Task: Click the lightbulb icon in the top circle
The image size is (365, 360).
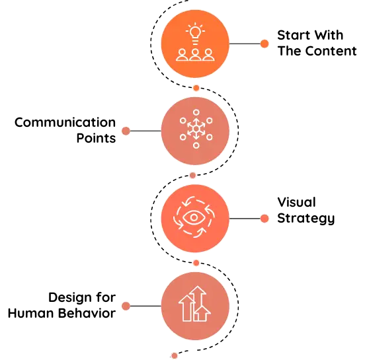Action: click(195, 34)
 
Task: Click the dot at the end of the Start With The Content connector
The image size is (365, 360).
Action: click(264, 44)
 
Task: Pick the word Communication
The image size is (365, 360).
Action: click(65, 123)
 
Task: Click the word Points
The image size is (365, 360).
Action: click(96, 138)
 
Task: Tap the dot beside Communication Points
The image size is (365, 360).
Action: click(126, 131)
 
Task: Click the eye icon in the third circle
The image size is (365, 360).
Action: click(194, 217)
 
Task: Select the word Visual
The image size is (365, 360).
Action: click(296, 202)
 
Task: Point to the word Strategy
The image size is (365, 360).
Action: click(306, 219)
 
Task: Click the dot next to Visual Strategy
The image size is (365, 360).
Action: click(264, 219)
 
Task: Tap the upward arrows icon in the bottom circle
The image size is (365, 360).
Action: click(195, 304)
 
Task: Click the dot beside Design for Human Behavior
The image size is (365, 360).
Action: click(126, 306)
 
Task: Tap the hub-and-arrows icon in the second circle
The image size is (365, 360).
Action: click(196, 129)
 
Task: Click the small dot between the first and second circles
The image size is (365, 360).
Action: click(196, 88)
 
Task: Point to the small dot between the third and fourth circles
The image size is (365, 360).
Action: click(196, 263)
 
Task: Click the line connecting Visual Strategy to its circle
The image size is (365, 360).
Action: click(245, 219)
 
